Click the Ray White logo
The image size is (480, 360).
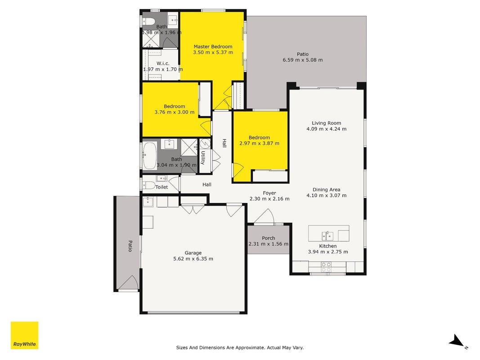24,335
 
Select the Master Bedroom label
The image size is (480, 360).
213,46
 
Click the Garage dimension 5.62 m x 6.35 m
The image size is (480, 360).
193,259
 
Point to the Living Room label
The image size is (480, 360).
326,123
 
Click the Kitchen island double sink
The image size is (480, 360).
327,236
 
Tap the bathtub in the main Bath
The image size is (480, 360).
149,156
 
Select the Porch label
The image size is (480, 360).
269,238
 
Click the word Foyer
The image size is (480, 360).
269,193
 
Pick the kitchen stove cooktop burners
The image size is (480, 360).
326,267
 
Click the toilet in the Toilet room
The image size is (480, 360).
149,185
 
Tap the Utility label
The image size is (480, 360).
202,157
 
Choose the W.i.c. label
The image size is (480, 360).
163,63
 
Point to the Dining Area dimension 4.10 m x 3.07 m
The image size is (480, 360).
327,195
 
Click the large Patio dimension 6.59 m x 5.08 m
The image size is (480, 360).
303,60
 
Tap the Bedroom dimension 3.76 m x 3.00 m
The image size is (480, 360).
175,112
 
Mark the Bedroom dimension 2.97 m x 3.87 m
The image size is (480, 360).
259,143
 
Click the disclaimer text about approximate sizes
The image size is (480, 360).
240,347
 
